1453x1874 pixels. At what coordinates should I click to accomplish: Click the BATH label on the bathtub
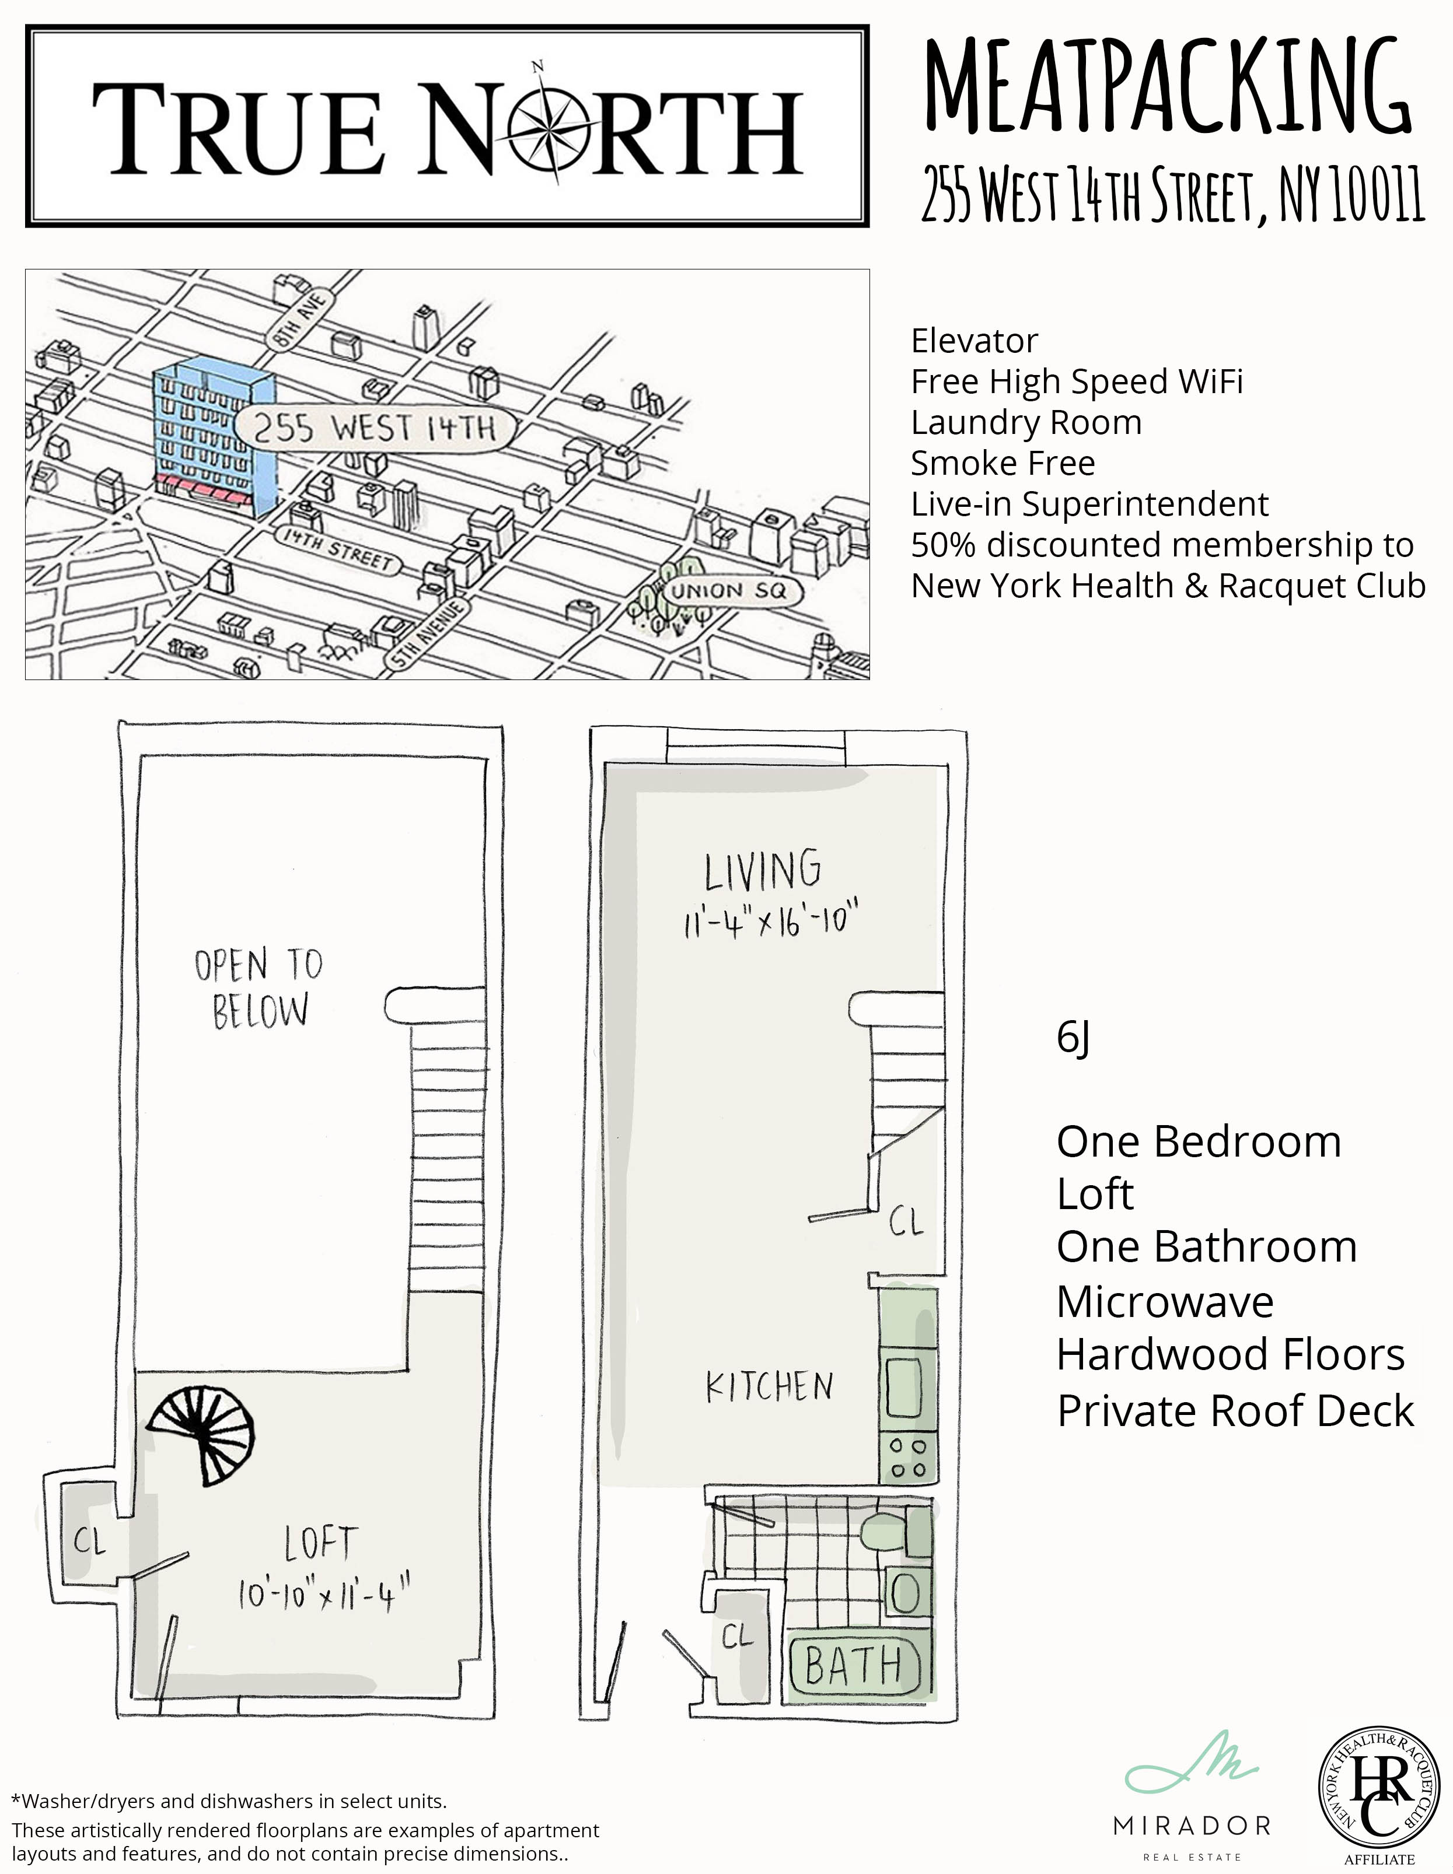853,1666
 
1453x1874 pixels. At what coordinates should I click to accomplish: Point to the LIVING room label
762,870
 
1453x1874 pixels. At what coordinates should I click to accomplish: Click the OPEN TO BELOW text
259,987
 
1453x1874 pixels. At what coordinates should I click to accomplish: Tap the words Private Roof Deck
1234,1411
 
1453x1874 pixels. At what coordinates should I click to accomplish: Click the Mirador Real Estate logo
1191,1797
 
